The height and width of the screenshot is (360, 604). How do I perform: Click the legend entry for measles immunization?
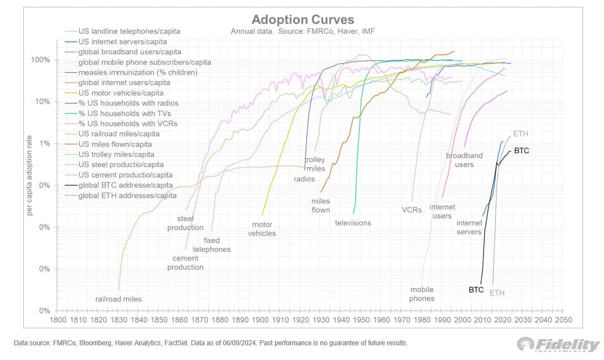(137, 72)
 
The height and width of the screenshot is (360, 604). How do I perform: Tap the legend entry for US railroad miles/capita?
(119, 134)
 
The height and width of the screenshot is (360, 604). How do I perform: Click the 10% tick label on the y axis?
(44, 102)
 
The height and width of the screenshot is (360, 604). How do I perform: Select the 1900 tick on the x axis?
(260, 320)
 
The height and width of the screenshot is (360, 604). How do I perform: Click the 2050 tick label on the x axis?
(563, 320)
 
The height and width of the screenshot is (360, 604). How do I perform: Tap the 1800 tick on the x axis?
(58, 320)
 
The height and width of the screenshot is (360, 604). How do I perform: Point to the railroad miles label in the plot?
(118, 299)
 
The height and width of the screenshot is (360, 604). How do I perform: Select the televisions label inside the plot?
(353, 223)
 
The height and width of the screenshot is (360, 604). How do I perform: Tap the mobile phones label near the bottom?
(422, 294)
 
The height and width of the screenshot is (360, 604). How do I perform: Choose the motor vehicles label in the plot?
(262, 229)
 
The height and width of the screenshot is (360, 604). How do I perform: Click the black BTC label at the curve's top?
(521, 151)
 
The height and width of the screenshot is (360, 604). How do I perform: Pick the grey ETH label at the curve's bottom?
(497, 293)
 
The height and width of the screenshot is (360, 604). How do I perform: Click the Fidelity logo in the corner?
(558, 345)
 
